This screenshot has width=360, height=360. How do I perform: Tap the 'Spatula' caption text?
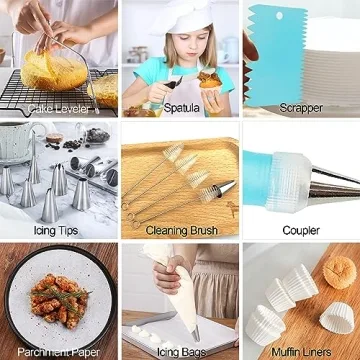point(180,108)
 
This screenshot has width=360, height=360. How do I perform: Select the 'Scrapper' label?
point(300,108)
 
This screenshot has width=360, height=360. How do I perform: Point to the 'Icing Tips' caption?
point(56,230)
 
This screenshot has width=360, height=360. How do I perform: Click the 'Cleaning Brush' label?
point(180,230)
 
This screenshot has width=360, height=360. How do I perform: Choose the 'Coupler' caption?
point(300,230)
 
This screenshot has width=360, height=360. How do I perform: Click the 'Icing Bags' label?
point(180,352)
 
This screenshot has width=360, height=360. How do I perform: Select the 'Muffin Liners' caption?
point(301,352)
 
